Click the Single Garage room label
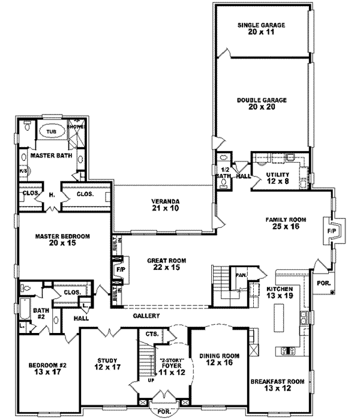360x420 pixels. [x=260, y=29]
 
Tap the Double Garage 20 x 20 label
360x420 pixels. [x=261, y=104]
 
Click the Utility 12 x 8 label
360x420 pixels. [x=278, y=178]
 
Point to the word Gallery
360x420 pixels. [x=146, y=316]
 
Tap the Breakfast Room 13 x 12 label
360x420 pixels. [x=278, y=385]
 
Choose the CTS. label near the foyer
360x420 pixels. [x=151, y=333]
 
